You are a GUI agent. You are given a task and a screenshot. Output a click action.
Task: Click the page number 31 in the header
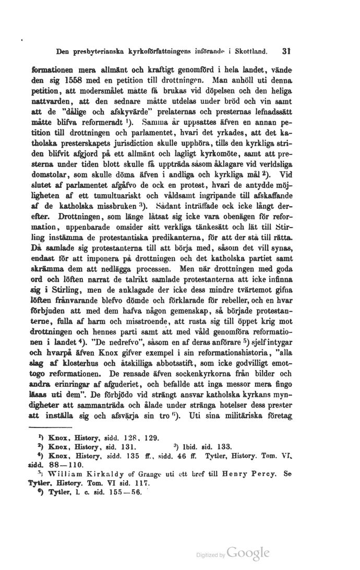[284, 52]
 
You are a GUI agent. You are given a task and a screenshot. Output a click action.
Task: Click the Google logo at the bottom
[249, 553]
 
